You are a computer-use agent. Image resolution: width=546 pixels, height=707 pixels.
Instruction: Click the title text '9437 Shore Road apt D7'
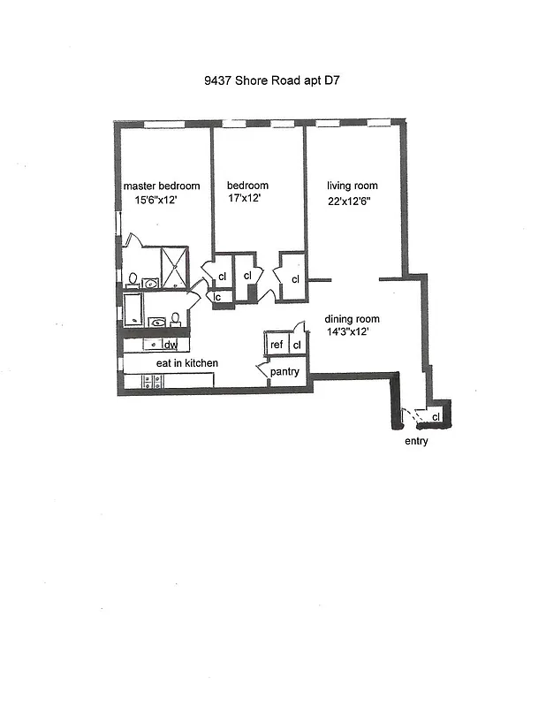click(271, 80)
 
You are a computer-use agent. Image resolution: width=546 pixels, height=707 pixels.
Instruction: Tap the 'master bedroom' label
click(161, 186)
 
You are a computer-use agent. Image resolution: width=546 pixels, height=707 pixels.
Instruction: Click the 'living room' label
click(352, 186)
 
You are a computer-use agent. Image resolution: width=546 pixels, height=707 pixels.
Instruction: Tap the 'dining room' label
click(352, 319)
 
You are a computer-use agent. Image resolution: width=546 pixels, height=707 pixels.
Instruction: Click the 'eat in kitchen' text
click(181, 363)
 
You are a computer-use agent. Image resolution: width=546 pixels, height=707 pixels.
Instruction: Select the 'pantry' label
click(284, 372)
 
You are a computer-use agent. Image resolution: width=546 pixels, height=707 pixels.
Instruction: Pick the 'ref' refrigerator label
click(277, 345)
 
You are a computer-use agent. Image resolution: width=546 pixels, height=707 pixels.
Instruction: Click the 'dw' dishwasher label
click(170, 345)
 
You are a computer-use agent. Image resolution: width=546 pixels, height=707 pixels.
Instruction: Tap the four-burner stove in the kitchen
click(148, 382)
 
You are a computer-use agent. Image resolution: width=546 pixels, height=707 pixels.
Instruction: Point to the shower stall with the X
click(175, 269)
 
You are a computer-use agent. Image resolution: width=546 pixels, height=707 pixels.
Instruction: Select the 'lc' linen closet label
click(216, 297)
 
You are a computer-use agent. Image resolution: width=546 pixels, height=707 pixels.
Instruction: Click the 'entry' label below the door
click(415, 441)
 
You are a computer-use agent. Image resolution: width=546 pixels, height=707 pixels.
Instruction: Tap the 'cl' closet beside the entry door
click(436, 416)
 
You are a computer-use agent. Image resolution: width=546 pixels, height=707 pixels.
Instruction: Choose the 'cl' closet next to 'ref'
click(297, 345)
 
